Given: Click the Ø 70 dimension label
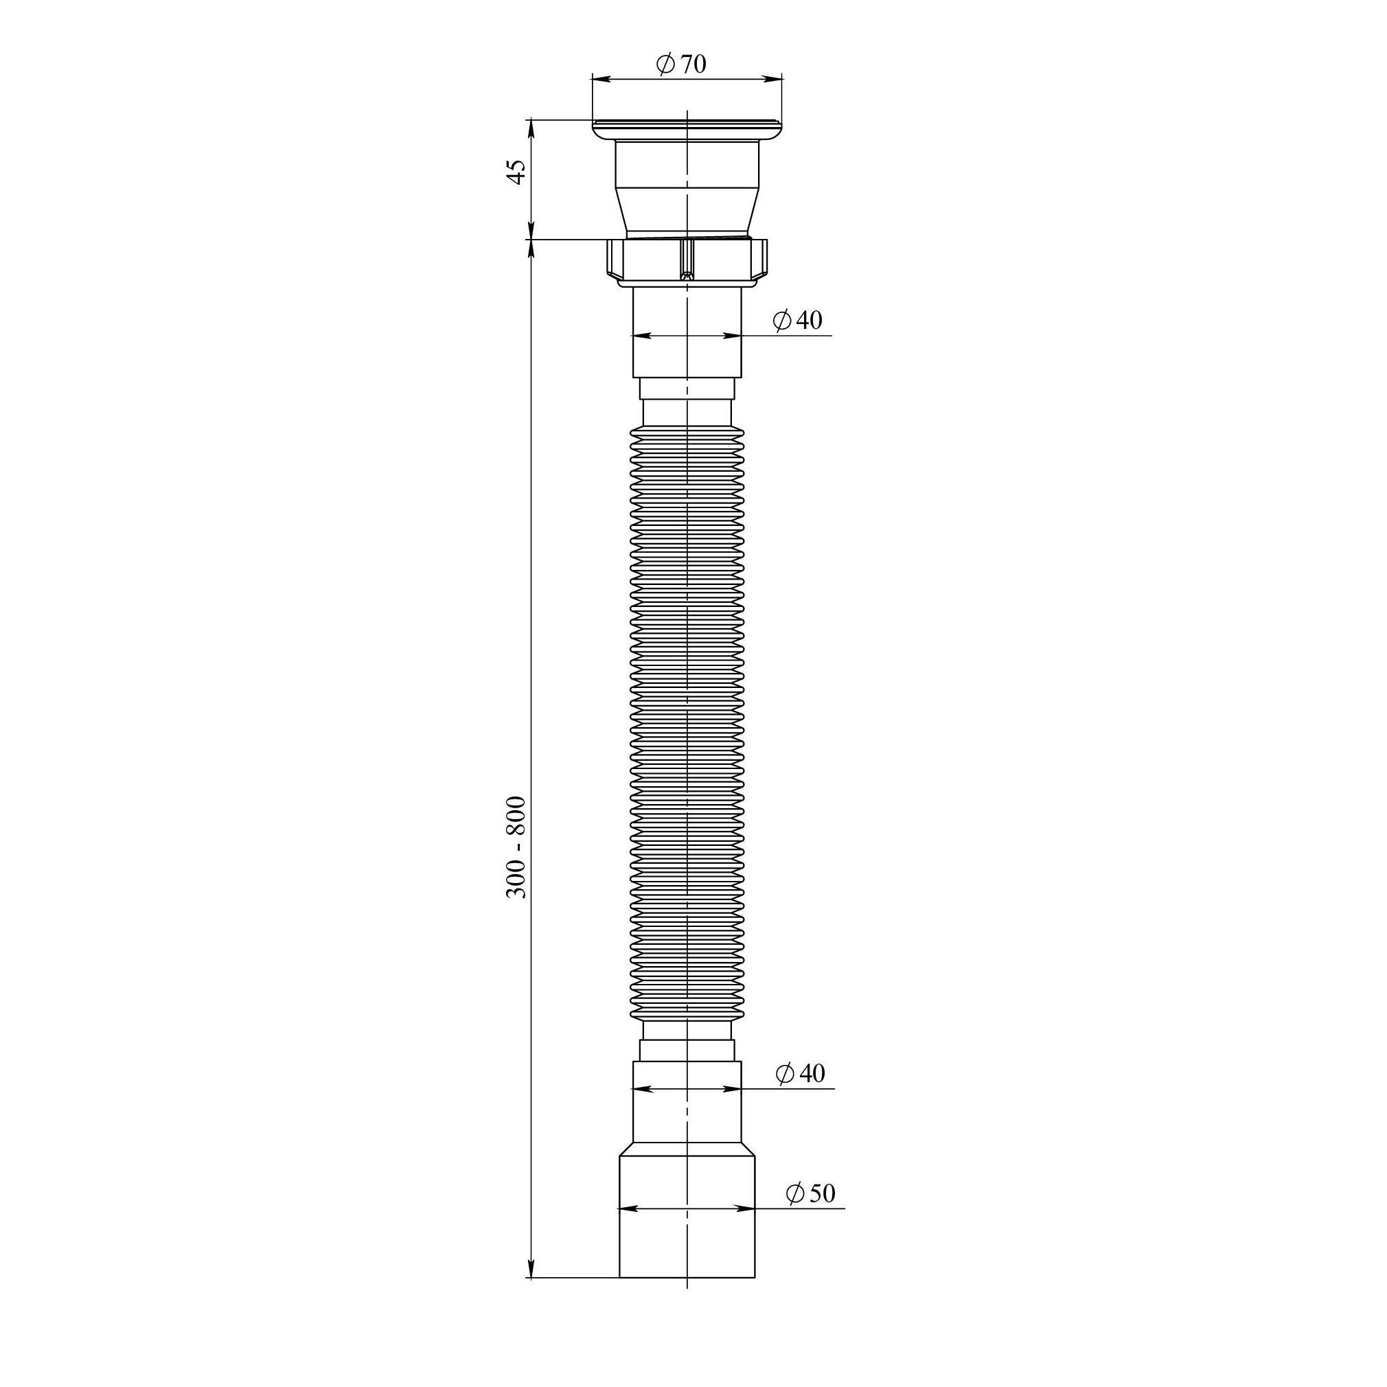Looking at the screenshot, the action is (x=680, y=65).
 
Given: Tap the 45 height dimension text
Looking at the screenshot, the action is (x=517, y=172).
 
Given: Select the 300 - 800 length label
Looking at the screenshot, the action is (x=516, y=847).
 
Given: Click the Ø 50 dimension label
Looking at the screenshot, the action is (x=810, y=1193).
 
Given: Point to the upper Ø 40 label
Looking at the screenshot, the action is (x=798, y=319).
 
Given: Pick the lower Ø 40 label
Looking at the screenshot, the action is (x=801, y=1073).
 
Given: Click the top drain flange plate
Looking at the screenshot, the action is (x=687, y=130).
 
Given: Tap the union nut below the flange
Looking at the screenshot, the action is (x=687, y=262).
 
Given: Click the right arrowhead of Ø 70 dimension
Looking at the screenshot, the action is (x=774, y=78).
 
